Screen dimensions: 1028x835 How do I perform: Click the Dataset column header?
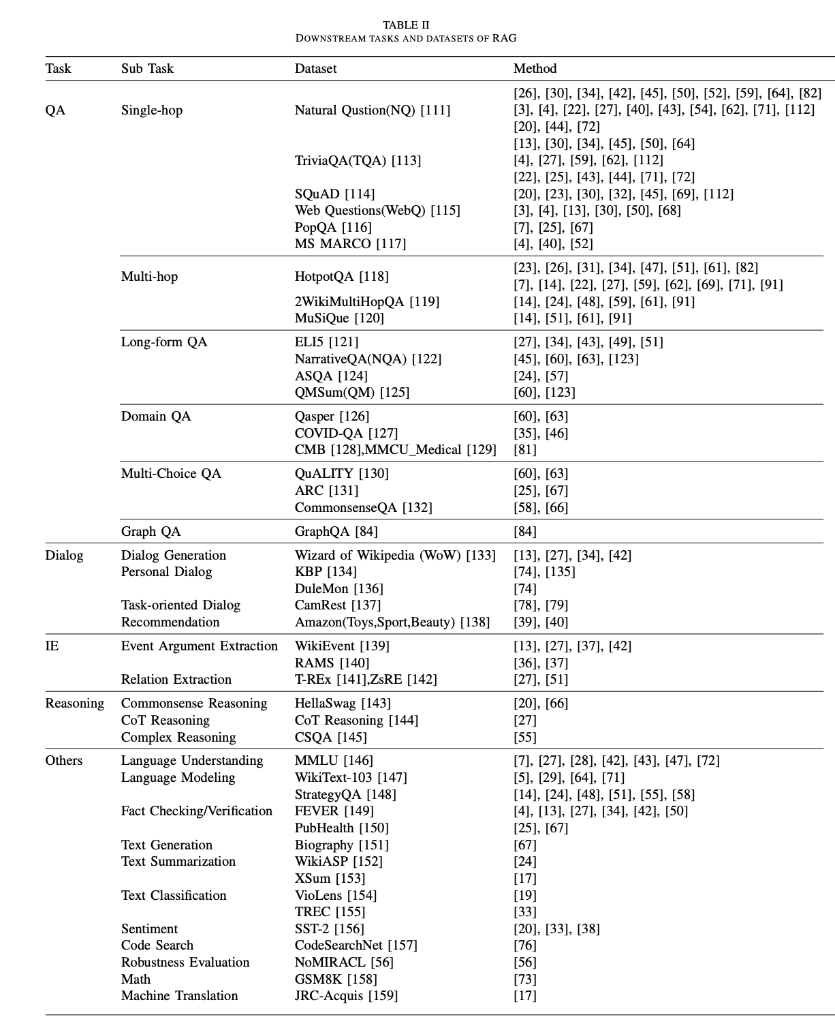pyautogui.click(x=315, y=69)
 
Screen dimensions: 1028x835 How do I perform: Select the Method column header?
pyautogui.click(x=535, y=69)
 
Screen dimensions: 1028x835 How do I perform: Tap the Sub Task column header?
pyautogui.click(x=147, y=69)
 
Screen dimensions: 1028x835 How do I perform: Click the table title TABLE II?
pyautogui.click(x=406, y=25)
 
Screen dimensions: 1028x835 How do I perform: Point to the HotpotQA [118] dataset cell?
pyautogui.click(x=341, y=277)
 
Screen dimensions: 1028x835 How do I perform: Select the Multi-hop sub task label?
pyautogui.click(x=149, y=277)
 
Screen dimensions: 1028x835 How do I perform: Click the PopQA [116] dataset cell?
pyautogui.click(x=333, y=228)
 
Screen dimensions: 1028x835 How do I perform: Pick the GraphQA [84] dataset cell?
pyautogui.click(x=336, y=532)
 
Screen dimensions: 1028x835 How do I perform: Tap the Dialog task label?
pyautogui.click(x=64, y=556)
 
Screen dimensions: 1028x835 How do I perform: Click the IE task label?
pyautogui.click(x=52, y=646)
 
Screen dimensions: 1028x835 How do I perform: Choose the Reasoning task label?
pyautogui.click(x=74, y=704)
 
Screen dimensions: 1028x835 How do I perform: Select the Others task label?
pyautogui.click(x=63, y=761)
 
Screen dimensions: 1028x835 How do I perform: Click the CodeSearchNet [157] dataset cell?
pyautogui.click(x=356, y=946)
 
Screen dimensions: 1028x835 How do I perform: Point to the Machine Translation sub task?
pyautogui.click(x=179, y=996)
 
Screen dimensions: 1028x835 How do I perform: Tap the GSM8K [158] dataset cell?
pyautogui.click(x=336, y=980)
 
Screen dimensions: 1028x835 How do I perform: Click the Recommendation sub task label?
pyautogui.click(x=170, y=622)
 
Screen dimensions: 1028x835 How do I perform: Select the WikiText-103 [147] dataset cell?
pyautogui.click(x=351, y=778)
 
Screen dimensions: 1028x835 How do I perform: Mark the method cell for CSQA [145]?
pyautogui.click(x=524, y=738)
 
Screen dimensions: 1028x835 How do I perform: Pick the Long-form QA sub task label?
pyautogui.click(x=164, y=342)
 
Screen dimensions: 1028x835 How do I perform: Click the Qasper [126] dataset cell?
pyautogui.click(x=331, y=417)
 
